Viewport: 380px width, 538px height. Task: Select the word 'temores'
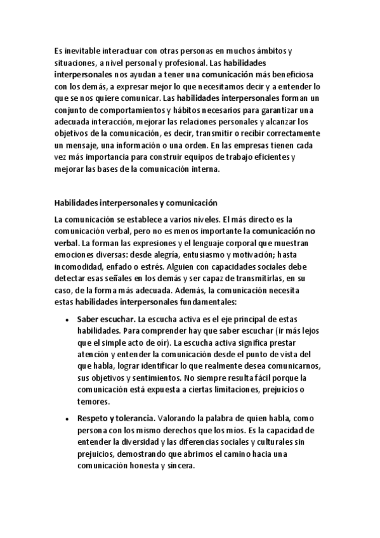click(x=94, y=402)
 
